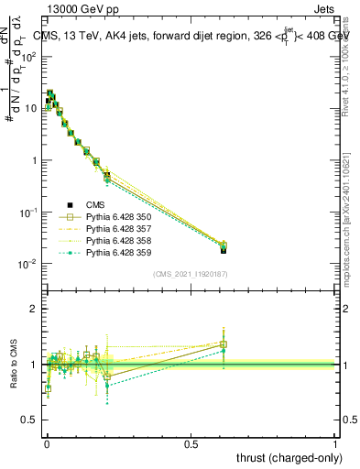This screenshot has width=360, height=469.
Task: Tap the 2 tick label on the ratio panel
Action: (32, 309)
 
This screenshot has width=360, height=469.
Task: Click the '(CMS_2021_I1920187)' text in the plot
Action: (191, 274)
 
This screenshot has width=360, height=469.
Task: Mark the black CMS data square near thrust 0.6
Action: (224, 249)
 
